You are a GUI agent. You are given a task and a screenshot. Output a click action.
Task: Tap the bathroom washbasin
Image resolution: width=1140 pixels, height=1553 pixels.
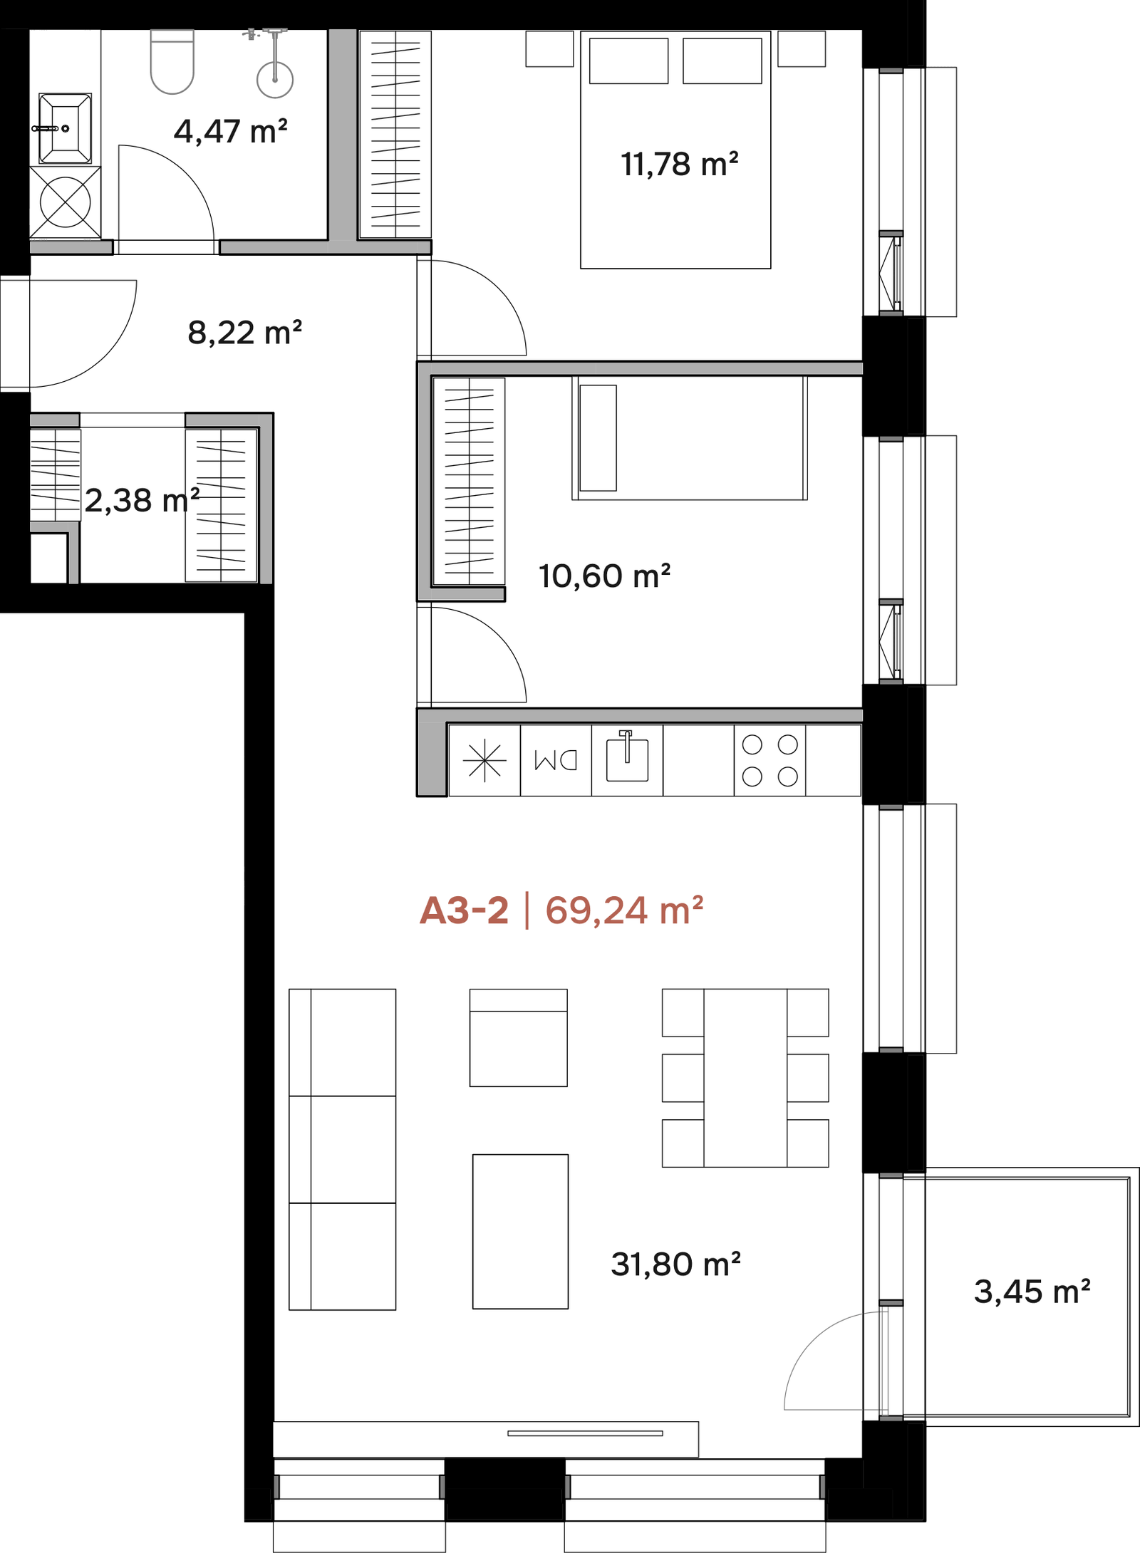coord(65,128)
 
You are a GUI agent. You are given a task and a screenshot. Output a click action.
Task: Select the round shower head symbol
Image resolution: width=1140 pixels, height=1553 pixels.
coord(274,79)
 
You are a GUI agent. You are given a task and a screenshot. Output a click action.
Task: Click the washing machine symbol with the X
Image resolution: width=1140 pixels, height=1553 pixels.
coord(65,202)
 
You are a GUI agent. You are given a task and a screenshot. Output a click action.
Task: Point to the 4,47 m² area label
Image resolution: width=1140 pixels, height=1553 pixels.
coord(231,131)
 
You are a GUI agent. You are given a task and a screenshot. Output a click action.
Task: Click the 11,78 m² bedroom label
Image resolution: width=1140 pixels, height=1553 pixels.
coord(679,164)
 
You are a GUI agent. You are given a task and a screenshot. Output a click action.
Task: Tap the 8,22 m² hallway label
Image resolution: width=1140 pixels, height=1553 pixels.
coord(244,333)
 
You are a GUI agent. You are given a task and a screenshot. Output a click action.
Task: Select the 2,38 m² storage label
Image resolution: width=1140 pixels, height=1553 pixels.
coord(142,500)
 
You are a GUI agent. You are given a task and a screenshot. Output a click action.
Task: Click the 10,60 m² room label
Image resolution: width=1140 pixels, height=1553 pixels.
coord(604,576)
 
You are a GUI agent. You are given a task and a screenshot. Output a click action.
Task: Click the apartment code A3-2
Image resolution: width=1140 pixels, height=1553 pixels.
coord(464,910)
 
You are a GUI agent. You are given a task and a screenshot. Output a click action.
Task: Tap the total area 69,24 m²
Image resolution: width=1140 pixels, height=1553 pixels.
coord(624,910)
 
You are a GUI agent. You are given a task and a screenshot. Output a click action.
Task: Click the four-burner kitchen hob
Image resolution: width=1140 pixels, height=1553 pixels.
coord(769,760)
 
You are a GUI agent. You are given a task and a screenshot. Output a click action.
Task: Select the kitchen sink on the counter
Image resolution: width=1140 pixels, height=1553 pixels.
coord(627,757)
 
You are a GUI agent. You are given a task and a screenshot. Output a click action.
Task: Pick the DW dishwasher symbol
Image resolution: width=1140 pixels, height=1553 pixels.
coord(556,760)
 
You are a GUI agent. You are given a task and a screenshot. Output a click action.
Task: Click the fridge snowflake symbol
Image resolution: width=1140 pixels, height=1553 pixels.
coord(484,760)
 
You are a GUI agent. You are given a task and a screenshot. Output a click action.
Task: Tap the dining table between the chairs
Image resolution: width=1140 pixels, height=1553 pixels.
coord(745,1077)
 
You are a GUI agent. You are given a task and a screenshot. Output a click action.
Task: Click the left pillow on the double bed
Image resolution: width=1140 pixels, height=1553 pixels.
coord(628,61)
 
